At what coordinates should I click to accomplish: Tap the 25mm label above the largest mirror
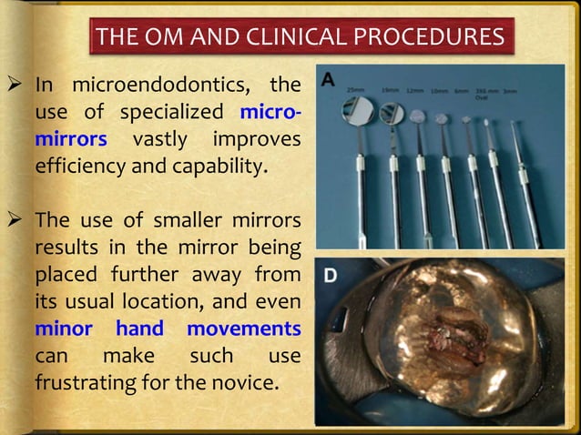click(x=356, y=89)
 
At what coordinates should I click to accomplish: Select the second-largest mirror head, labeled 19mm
click(x=392, y=113)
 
